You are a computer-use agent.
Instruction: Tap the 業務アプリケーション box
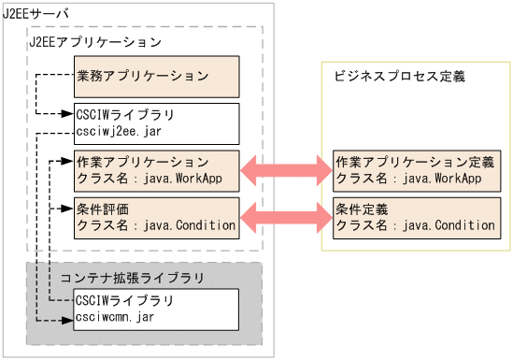(156, 77)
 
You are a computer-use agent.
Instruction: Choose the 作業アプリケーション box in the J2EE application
(156, 169)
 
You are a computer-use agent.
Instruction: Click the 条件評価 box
(156, 216)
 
